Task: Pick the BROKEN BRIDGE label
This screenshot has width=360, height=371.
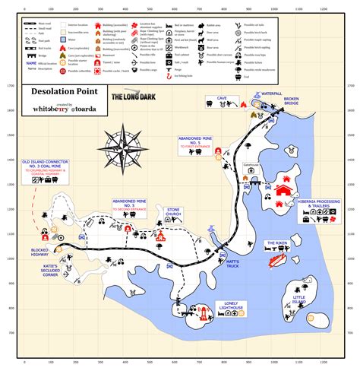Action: point(292,103)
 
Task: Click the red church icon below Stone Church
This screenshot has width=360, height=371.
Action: point(160,237)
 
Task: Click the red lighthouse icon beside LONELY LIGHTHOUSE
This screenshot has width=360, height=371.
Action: point(202,311)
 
